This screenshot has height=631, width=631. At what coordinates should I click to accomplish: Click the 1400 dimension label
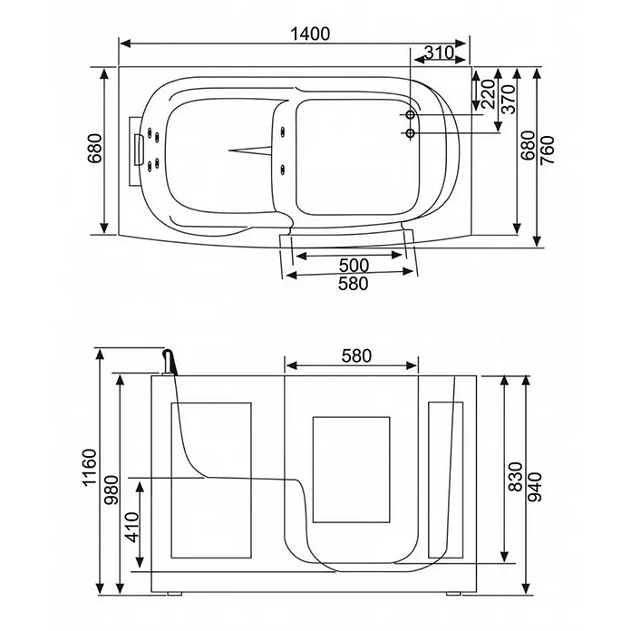point(310,34)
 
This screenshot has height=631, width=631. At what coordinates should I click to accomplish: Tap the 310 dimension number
point(440,53)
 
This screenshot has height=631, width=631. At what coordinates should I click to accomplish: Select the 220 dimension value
point(488,94)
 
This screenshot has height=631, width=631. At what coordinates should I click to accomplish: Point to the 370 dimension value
point(509,99)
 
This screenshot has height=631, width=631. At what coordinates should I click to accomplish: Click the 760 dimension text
point(548,150)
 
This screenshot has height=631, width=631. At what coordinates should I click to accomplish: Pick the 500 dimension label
point(354,266)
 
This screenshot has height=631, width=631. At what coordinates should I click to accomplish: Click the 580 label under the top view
point(353,284)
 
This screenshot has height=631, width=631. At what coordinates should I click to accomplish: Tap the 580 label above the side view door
point(356,355)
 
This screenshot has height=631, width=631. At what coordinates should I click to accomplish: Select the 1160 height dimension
point(90,468)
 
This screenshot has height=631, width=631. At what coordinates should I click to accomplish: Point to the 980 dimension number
point(112,490)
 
